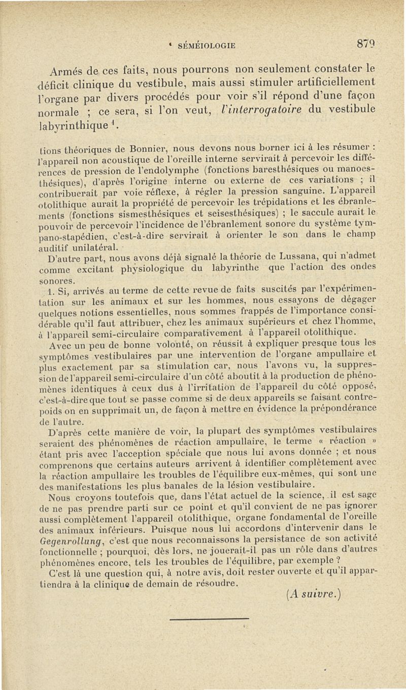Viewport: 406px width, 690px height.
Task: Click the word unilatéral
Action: tap(92, 248)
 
